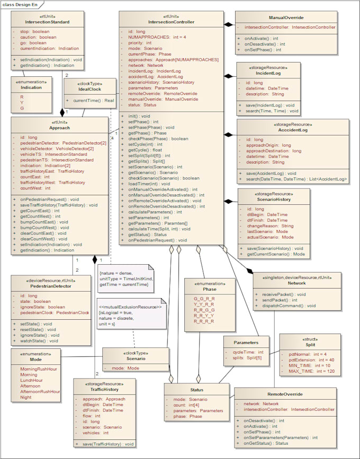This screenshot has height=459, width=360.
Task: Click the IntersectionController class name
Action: coord(172,22)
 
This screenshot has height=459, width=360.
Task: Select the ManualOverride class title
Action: coord(286,17)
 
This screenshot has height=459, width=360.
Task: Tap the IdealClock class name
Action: coord(89,89)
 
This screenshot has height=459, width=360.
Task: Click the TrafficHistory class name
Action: coord(104,389)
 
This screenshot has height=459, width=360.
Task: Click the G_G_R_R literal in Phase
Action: coord(204,299)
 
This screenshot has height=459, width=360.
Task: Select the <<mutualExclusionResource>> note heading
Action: coord(130,307)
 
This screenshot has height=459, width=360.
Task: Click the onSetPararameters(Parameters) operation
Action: coord(280,437)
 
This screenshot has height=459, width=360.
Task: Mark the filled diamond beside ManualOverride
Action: coord(228,24)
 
